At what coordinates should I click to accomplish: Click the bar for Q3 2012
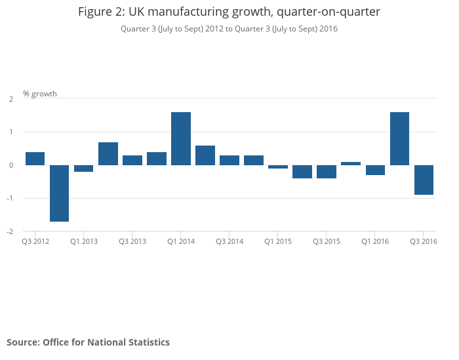(x=35, y=159)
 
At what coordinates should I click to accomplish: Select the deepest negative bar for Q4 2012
(x=60, y=193)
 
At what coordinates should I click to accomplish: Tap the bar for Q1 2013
(x=84, y=169)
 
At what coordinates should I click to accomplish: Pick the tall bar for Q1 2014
(x=181, y=138)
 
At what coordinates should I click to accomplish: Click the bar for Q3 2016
(x=424, y=180)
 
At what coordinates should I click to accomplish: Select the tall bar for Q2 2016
(x=399, y=138)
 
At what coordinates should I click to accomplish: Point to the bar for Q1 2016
(x=375, y=170)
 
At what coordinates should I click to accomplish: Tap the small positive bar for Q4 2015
(x=351, y=163)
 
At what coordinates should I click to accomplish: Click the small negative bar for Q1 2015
(x=278, y=167)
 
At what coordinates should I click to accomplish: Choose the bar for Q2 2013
(x=108, y=153)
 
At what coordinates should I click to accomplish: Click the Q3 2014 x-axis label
(x=229, y=242)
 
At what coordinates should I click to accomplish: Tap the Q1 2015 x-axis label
(x=278, y=242)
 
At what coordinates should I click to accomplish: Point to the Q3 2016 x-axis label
(x=424, y=242)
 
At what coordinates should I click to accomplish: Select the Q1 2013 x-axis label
(x=84, y=242)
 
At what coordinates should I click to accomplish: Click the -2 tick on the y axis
(x=10, y=231)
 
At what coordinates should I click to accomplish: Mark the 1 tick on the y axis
(x=11, y=132)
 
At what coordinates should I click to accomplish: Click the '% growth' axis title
(x=40, y=94)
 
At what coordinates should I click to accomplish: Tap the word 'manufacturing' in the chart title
(x=194, y=12)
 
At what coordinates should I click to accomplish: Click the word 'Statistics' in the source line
(x=147, y=342)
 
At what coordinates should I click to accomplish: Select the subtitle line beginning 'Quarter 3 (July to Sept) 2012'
(x=229, y=29)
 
